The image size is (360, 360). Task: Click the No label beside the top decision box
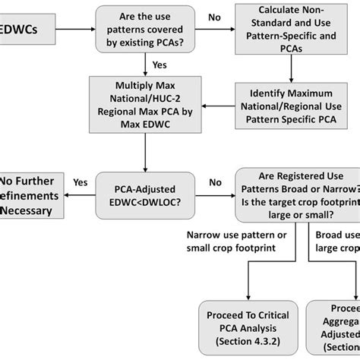[214, 17]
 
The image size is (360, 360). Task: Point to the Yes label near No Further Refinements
[80, 182]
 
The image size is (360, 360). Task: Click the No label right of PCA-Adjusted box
[215, 182]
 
